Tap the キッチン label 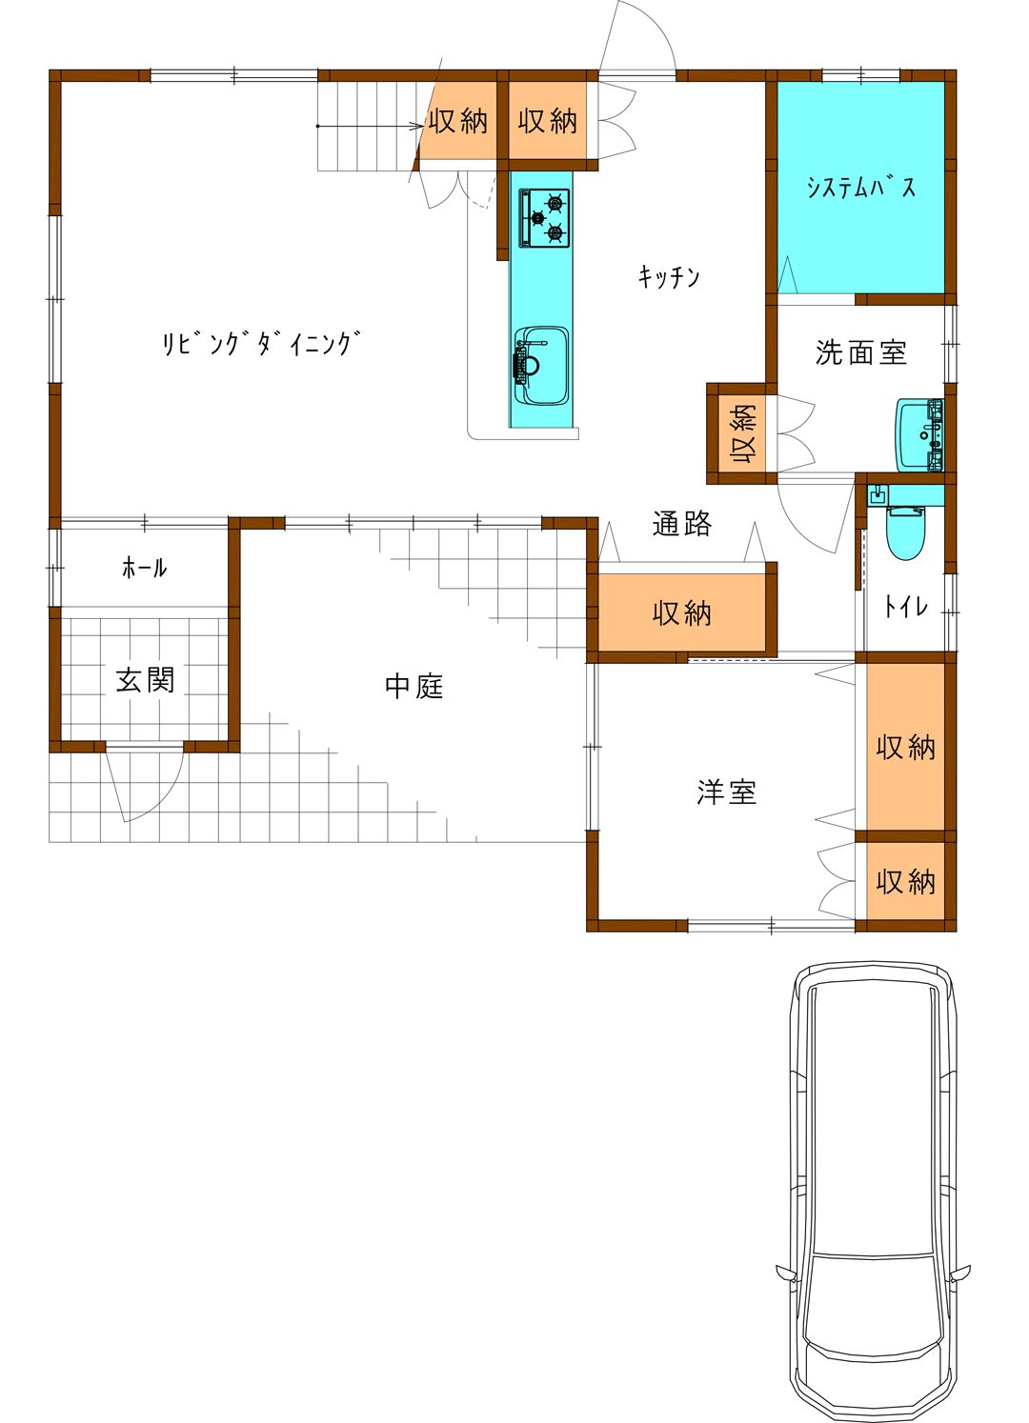point(669,277)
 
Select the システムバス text point(861,188)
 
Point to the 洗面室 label point(861,352)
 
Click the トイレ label point(906,608)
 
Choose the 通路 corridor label point(682,524)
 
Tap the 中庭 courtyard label point(414,686)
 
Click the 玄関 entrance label point(145,680)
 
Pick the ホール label point(144,568)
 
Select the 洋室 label point(726,792)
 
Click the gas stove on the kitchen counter point(544,218)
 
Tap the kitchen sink point(540,366)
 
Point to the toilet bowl point(907,532)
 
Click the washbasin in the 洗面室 point(919,435)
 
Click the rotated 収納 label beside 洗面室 point(742,434)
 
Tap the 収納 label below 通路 point(682,613)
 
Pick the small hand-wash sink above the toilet point(878,494)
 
